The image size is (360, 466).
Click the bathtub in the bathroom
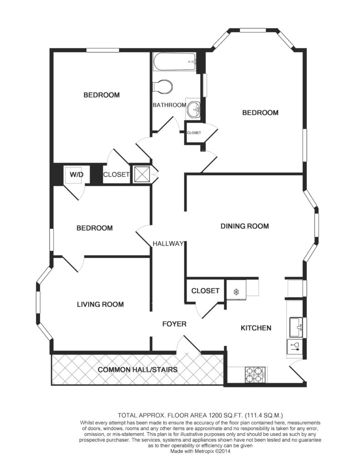[x=174, y=62]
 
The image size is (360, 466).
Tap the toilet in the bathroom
[x=163, y=86]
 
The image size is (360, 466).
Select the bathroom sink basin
[x=193, y=109]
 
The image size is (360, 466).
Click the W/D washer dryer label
[x=76, y=174]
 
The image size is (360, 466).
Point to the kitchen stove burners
[x=255, y=375]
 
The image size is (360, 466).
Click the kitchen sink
[x=296, y=328]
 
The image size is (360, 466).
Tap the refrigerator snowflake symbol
[x=236, y=292]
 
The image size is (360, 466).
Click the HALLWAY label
[x=168, y=244]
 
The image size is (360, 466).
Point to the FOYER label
[x=174, y=324]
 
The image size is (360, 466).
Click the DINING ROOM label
[x=245, y=226]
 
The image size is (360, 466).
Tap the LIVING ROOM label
[x=100, y=304]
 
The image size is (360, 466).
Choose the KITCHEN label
[x=256, y=328]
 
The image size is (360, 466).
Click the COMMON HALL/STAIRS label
[x=137, y=370]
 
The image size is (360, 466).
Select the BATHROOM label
[x=169, y=105]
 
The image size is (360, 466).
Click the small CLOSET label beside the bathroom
[x=194, y=133]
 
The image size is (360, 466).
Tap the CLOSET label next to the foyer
[x=205, y=291]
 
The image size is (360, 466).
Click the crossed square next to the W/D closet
[x=142, y=174]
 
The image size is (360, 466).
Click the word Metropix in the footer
[x=203, y=451]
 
